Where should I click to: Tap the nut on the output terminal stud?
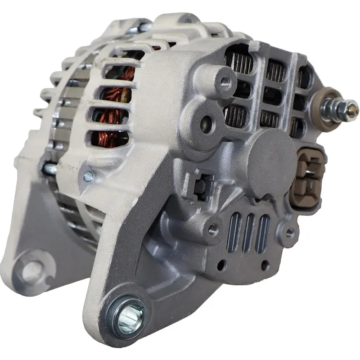[x=341, y=108]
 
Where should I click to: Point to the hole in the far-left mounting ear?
[x=30, y=270]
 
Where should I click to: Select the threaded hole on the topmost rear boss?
[x=225, y=81]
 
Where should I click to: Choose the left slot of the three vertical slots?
[x=234, y=233]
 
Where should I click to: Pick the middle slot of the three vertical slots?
[x=248, y=233]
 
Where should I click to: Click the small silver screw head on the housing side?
[x=89, y=176]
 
